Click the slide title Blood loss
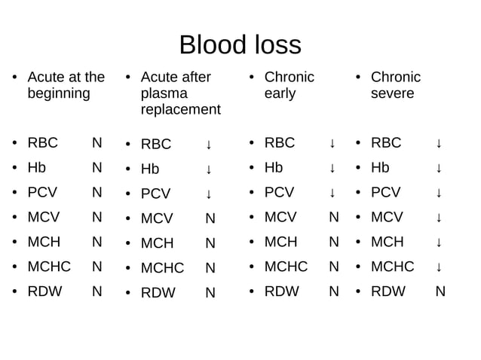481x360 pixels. pos(240,44)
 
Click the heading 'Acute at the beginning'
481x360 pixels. pos(66,85)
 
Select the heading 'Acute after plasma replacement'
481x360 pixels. pos(180,93)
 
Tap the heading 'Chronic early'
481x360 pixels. pos(289,85)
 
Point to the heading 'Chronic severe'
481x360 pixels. pos(395,85)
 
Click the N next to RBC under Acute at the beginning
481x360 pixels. pos(97,143)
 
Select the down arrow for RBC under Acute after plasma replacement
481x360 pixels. pos(209,144)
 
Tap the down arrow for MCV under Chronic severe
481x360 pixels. pos(439,218)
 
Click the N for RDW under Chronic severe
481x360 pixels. pos(440,291)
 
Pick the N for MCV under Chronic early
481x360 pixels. pos(334,218)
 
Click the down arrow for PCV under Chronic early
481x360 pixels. pos(332,193)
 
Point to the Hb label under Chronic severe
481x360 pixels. pos(380,168)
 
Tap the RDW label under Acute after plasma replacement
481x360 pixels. pos(158,292)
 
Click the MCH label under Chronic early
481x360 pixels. pos(280,243)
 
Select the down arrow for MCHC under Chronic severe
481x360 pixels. pos(439,267)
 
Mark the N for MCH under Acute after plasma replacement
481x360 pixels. pos(210,243)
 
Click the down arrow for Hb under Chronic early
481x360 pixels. pos(332,168)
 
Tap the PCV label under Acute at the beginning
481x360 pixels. pos(42,193)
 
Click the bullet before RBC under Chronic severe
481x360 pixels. pos(359,143)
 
